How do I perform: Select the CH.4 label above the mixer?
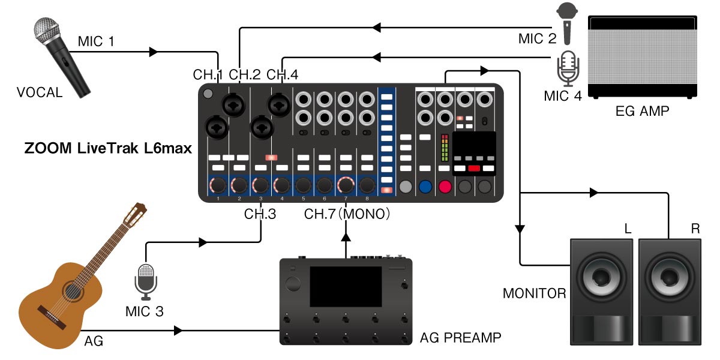click(282, 74)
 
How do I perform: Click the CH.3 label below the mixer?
click(260, 214)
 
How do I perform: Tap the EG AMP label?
click(642, 111)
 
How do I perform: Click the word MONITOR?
click(534, 293)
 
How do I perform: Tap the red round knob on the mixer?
click(445, 187)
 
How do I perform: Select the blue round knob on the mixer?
click(425, 187)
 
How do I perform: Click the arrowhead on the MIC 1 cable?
click(154, 52)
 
